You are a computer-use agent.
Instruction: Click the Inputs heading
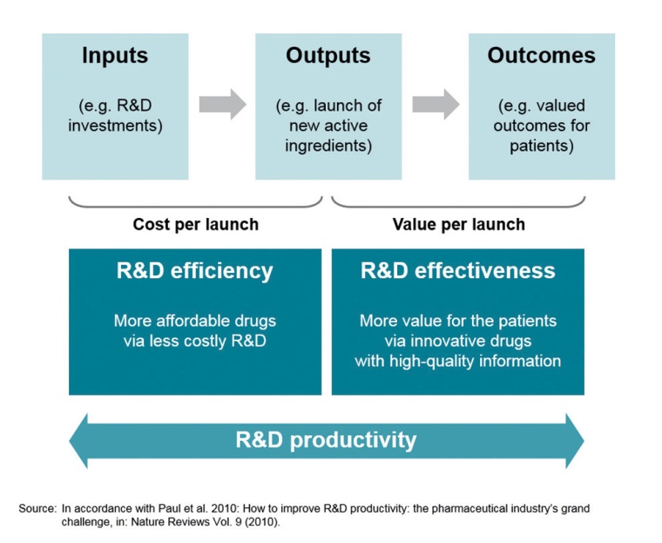click(115, 57)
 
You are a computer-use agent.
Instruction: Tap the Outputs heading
click(328, 57)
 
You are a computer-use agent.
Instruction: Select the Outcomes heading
click(541, 57)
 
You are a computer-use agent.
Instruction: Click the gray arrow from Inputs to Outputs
click(222, 105)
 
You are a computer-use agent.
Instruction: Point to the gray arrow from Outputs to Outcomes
click(436, 105)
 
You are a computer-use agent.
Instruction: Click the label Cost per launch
click(195, 224)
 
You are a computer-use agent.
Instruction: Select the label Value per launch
click(458, 224)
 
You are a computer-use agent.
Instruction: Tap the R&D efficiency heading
click(195, 270)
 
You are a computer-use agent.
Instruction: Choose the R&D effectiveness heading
click(457, 270)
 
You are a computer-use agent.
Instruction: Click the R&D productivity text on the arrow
click(326, 439)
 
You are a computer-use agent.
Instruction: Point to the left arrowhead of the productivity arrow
click(81, 440)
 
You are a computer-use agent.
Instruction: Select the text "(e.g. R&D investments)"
click(115, 116)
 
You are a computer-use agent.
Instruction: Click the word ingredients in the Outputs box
click(328, 146)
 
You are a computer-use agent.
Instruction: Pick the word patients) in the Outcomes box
click(542, 146)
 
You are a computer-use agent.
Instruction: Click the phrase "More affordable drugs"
click(195, 321)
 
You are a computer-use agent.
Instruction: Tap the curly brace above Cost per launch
click(195, 203)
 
